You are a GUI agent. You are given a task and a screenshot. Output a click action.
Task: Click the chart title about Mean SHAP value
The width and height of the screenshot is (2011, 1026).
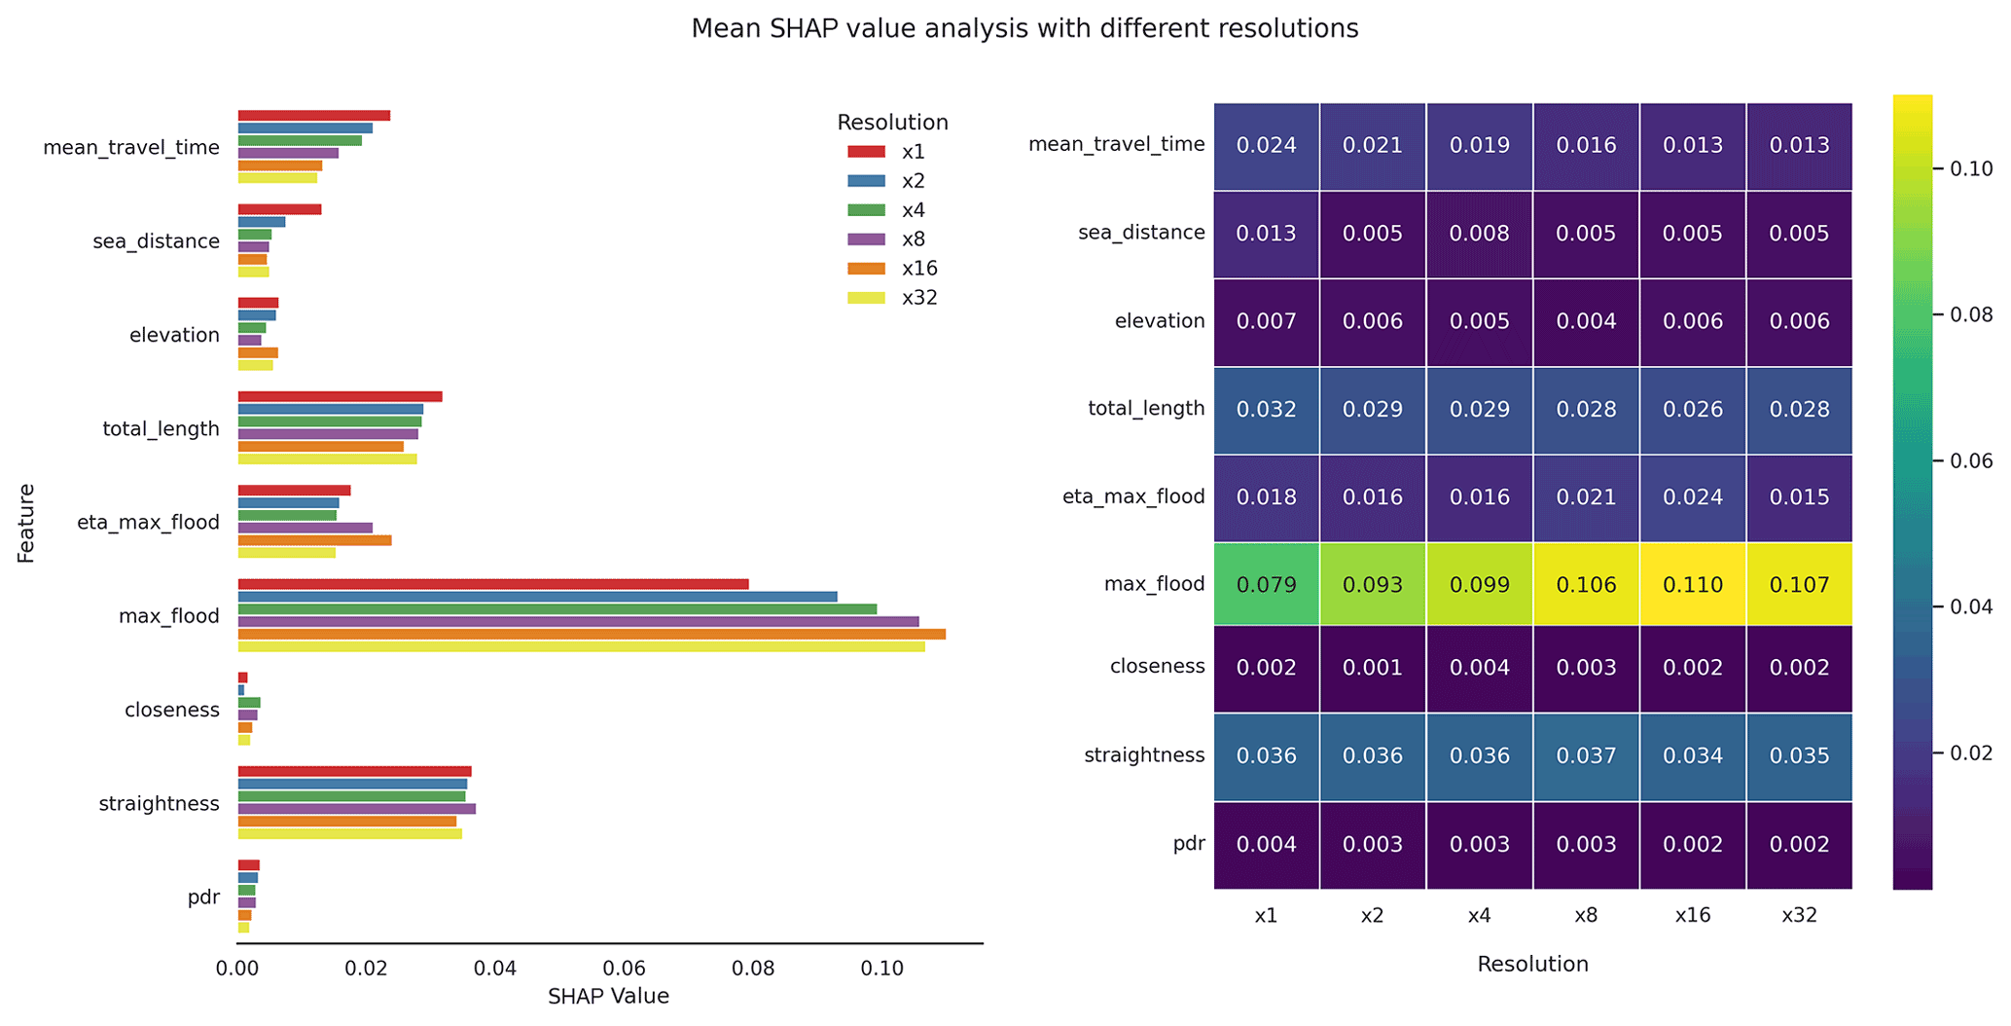[x=1023, y=29]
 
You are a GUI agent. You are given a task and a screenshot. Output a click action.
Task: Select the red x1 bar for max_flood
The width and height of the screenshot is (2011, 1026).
[x=493, y=584]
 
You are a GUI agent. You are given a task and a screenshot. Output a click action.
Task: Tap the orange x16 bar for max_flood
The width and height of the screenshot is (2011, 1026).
[x=592, y=635]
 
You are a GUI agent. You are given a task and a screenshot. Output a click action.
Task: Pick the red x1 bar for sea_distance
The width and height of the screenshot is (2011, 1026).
[x=279, y=209]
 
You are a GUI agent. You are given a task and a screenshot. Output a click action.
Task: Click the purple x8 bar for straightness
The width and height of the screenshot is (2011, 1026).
[x=356, y=809]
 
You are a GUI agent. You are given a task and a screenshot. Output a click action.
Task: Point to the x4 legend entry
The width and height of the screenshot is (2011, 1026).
[x=891, y=210]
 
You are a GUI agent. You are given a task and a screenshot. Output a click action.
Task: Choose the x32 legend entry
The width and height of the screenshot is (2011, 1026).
[x=891, y=298]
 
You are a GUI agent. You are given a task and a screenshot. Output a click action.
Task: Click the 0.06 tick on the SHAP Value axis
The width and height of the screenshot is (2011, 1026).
[x=625, y=969]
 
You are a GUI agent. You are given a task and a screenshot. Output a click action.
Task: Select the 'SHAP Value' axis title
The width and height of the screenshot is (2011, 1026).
[x=608, y=997]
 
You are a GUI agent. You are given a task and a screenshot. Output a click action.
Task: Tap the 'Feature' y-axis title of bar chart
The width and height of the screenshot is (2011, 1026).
[x=26, y=523]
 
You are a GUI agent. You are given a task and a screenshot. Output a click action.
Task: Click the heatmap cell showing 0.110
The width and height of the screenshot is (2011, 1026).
[x=1693, y=585]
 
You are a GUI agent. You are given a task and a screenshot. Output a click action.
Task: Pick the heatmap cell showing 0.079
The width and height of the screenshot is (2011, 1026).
[x=1267, y=585]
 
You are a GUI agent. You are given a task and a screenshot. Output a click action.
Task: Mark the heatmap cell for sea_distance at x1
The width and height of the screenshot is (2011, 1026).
[x=1267, y=234]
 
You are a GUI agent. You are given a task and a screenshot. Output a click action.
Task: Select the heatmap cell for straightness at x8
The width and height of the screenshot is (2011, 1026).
[x=1586, y=756]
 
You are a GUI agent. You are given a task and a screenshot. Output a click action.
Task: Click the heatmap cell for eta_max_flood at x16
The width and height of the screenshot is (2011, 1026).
[x=1693, y=497]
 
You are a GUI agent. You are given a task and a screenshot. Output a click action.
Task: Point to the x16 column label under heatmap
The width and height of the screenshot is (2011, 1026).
[x=1693, y=916]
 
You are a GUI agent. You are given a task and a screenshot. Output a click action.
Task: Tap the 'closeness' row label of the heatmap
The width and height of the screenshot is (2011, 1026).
[x=1157, y=667]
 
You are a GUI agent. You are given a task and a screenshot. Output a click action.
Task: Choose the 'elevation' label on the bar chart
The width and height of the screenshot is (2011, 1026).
[x=174, y=336]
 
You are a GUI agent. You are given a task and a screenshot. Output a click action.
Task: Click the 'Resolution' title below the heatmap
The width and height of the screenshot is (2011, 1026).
[x=1532, y=965]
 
